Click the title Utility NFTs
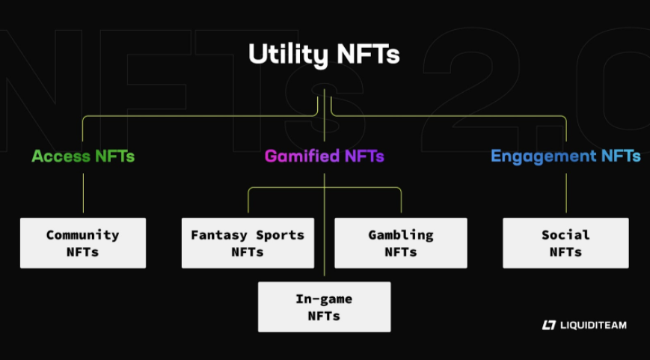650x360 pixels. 324,55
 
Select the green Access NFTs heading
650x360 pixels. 83,156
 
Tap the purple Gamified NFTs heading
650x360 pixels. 324,156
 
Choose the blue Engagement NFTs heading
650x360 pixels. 565,156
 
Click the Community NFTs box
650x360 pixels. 83,242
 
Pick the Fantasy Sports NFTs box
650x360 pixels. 248,242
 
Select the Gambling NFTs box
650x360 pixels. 401,242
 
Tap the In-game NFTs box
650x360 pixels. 324,307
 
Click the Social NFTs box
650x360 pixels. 565,242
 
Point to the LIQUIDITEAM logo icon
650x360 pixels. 548,325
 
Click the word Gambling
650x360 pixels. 401,235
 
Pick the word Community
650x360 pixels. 83,235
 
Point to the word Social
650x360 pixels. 565,235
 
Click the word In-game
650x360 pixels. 324,299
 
